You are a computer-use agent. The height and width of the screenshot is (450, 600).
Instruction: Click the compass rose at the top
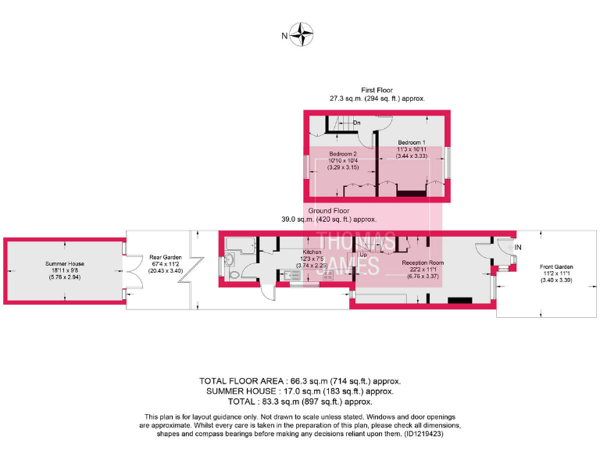tap(302, 34)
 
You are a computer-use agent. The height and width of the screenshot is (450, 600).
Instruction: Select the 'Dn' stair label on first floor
tap(356, 123)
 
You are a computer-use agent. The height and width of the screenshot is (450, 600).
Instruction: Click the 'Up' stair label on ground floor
tap(363, 255)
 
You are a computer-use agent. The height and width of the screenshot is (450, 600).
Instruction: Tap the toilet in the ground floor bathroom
tap(235, 276)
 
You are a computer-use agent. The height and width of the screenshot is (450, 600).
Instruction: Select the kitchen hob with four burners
tap(328, 275)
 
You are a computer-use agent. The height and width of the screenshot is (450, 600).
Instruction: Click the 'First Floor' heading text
tap(377, 90)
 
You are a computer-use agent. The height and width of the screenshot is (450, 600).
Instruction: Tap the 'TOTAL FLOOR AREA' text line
tap(300, 380)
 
